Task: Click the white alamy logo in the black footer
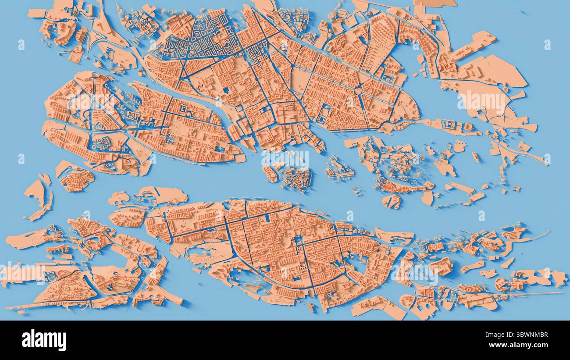point(44,340)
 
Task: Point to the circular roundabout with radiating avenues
point(358,91)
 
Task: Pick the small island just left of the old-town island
point(270,174)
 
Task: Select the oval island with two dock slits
point(391,201)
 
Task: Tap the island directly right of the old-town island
point(338,169)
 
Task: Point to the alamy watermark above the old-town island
point(285,159)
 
